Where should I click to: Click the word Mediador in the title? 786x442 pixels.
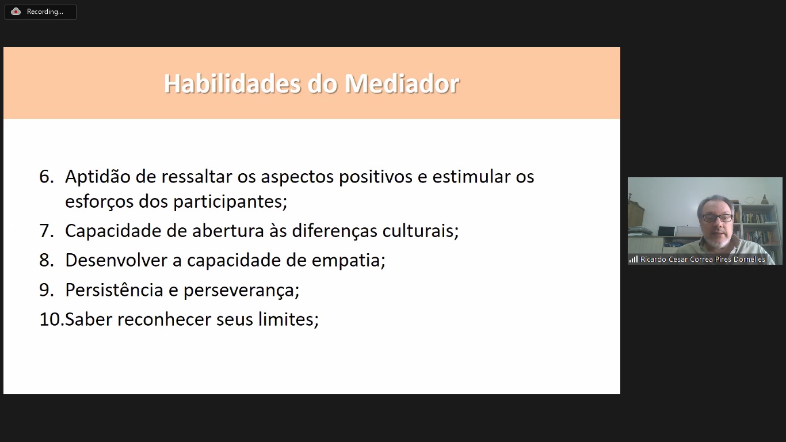click(x=402, y=83)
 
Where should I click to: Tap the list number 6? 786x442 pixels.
click(x=46, y=176)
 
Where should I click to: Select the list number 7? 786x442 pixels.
click(x=46, y=231)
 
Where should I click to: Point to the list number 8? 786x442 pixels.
click(x=46, y=260)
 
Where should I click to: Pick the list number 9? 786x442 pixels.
click(x=46, y=290)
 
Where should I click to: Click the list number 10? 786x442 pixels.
click(x=52, y=319)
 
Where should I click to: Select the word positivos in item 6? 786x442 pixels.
click(x=376, y=177)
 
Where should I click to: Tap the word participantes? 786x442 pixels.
click(x=230, y=202)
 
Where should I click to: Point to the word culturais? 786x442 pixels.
click(x=421, y=231)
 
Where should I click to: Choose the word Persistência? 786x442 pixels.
click(x=114, y=290)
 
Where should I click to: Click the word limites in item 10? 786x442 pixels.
click(x=288, y=319)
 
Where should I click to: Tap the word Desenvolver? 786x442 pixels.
click(x=116, y=261)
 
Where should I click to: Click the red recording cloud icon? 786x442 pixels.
click(x=16, y=12)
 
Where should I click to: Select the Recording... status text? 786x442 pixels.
click(x=45, y=12)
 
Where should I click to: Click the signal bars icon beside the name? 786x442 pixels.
click(x=634, y=260)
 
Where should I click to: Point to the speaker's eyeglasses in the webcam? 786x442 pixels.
click(x=716, y=218)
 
